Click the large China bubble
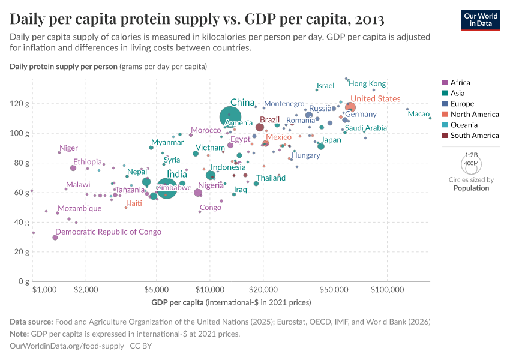click(230, 117)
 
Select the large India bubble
click(167, 189)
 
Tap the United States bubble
click(350, 108)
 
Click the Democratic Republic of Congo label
click(108, 232)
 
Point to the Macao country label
click(418, 114)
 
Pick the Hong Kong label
click(367, 84)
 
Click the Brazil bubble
click(260, 127)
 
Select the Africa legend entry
click(460, 83)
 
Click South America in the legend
click(474, 136)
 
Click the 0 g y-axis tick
click(24, 281)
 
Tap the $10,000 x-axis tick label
click(209, 290)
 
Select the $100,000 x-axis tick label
click(387, 290)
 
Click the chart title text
click(197, 19)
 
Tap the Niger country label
click(68, 148)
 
